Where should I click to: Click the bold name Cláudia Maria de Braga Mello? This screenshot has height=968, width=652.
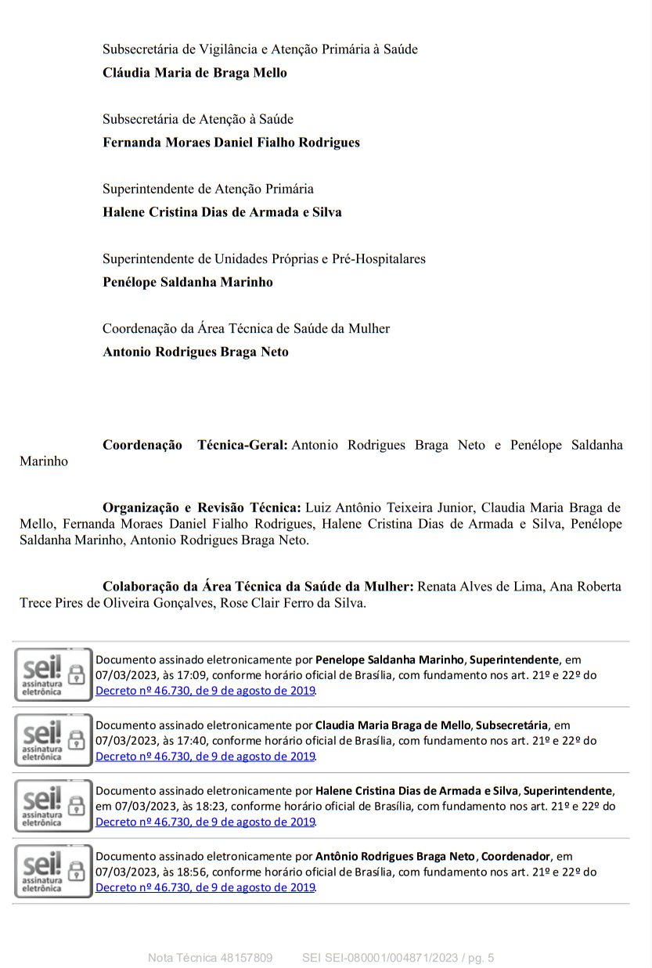[x=195, y=73]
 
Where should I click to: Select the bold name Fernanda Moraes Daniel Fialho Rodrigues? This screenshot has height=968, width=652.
[x=231, y=143]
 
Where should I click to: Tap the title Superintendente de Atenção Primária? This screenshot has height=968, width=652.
[x=208, y=189]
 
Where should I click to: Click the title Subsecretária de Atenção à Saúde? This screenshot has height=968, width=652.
[x=198, y=119]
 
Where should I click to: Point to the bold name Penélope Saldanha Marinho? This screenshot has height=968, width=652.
[x=188, y=282]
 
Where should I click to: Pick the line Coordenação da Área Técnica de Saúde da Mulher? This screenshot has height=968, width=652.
[x=246, y=328]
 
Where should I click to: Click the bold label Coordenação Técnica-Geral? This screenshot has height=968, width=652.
[x=195, y=445]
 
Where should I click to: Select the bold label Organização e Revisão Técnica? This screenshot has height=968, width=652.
[x=201, y=507]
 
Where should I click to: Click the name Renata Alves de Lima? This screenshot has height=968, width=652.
[x=480, y=586]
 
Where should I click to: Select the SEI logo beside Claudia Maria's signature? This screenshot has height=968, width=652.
[x=52, y=740]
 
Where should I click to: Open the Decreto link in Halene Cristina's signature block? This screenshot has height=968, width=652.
[x=205, y=822]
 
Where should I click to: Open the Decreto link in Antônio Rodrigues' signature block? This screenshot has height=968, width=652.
[x=205, y=887]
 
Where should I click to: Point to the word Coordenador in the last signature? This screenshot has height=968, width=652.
[x=516, y=856]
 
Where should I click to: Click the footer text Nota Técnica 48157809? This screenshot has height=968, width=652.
[x=210, y=957]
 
